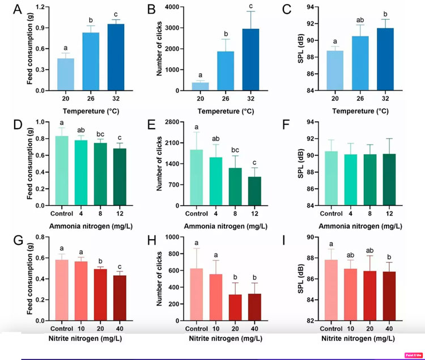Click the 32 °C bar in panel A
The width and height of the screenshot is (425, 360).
tap(116, 57)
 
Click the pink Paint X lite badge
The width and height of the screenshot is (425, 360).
tap(414, 355)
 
